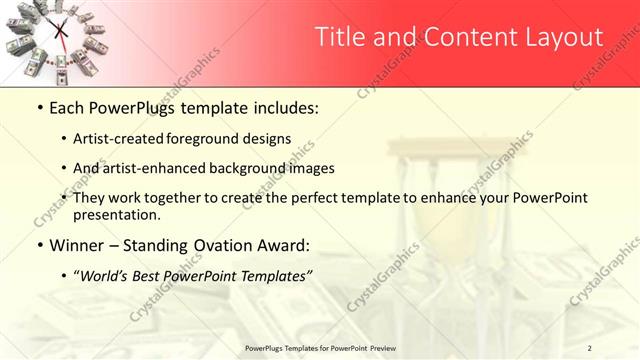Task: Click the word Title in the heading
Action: (339, 38)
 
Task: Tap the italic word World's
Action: (106, 275)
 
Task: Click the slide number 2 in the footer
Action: (589, 347)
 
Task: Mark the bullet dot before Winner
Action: (40, 245)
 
